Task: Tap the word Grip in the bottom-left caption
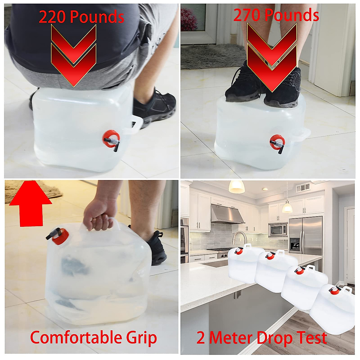(x=141, y=338)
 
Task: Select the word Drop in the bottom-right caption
(x=274, y=338)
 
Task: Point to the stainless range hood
(x=226, y=214)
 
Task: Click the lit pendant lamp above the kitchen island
(x=237, y=187)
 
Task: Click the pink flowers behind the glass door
(x=189, y=20)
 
